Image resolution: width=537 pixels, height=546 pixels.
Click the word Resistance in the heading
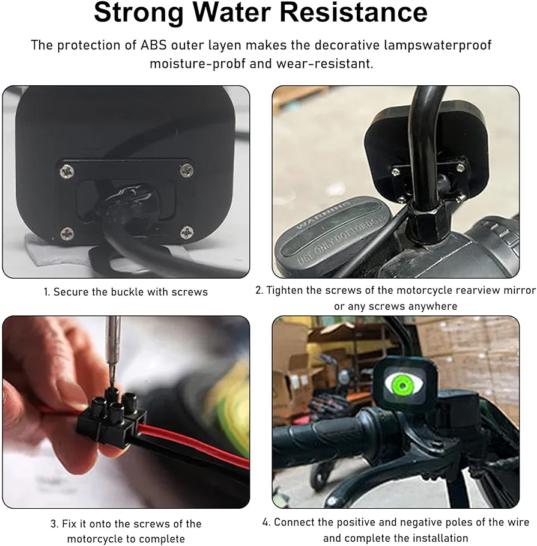tap(354, 12)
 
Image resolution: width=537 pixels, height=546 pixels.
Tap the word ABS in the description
tap(154, 45)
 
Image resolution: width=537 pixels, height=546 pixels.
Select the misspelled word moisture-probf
tap(198, 64)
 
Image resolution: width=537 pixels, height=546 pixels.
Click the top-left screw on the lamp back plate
tap(66, 171)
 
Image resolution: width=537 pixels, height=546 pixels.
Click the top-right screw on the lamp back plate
tap(187, 170)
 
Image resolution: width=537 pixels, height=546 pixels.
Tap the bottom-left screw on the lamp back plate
tap(67, 234)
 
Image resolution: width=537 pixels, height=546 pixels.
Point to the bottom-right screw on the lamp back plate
tap(187, 232)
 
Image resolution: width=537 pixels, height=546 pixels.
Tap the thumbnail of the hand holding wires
tap(126, 412)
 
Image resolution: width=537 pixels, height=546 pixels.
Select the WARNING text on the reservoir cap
tap(323, 215)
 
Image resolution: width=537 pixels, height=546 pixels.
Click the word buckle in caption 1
tap(127, 292)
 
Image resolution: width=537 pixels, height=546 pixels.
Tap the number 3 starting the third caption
tap(54, 524)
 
